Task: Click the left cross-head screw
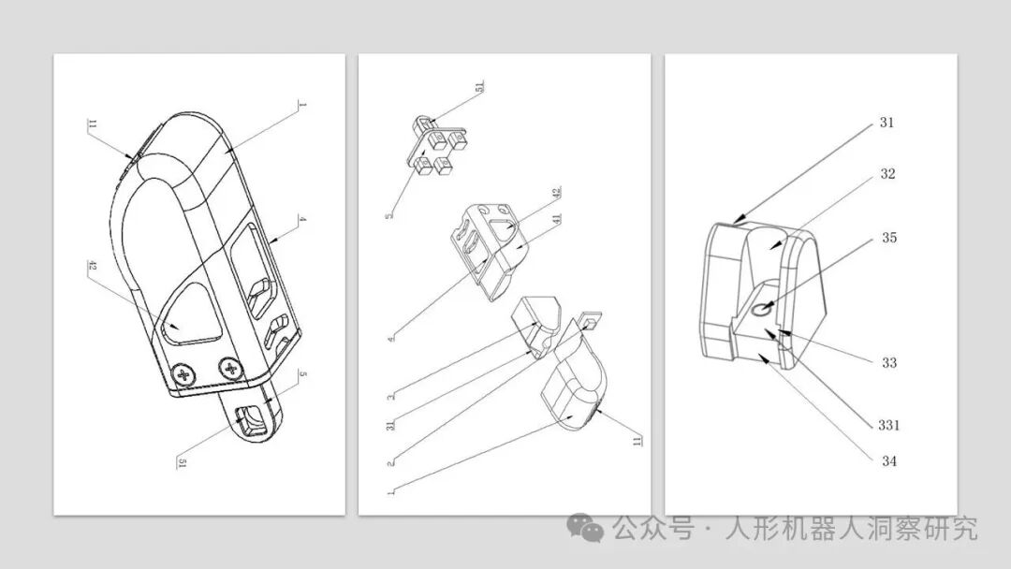pos(184,375)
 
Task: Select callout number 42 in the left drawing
pos(92,267)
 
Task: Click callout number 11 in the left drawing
pos(92,125)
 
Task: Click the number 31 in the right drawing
pos(887,123)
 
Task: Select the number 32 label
pos(887,174)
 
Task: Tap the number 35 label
pos(888,238)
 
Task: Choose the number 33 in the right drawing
pos(888,362)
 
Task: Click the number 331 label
pos(889,425)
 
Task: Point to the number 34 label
pos(888,460)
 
